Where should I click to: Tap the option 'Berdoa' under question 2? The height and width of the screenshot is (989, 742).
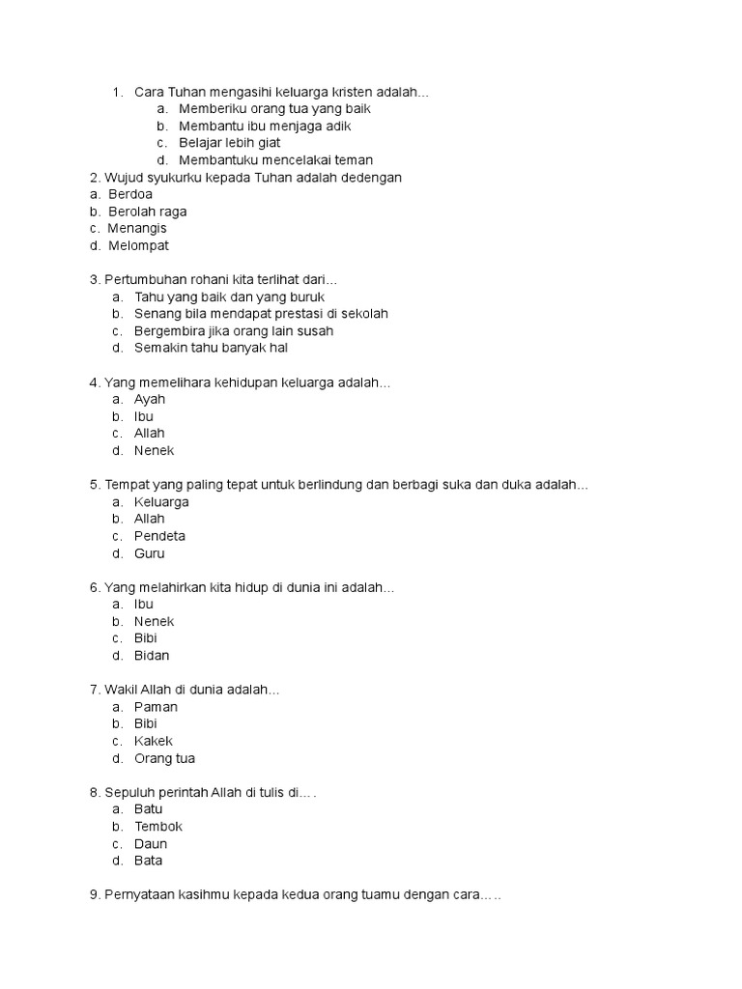pyautogui.click(x=129, y=194)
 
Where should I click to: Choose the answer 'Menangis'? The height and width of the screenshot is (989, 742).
pyautogui.click(x=137, y=228)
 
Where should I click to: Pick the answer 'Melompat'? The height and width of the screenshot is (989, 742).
pyautogui.click(x=138, y=245)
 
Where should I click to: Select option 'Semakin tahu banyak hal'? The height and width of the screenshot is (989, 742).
pyautogui.click(x=211, y=348)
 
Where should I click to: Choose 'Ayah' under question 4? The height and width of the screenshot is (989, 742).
pyautogui.click(x=150, y=399)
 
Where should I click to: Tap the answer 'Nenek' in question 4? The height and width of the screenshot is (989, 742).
pyautogui.click(x=155, y=450)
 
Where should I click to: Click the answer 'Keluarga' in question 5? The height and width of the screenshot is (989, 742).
pyautogui.click(x=161, y=502)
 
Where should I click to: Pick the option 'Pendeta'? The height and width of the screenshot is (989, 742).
pyautogui.click(x=159, y=536)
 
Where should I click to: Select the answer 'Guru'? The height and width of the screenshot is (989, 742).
pyautogui.click(x=150, y=553)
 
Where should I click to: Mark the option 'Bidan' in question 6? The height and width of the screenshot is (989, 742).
pyautogui.click(x=152, y=656)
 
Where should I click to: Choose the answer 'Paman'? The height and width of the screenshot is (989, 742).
pyautogui.click(x=156, y=707)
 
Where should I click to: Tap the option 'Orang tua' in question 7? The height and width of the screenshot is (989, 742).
pyautogui.click(x=164, y=758)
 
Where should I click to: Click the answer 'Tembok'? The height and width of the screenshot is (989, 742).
pyautogui.click(x=158, y=827)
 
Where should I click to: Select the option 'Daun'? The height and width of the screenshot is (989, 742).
pyautogui.click(x=151, y=844)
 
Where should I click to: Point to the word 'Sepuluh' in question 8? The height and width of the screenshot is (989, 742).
pyautogui.click(x=129, y=792)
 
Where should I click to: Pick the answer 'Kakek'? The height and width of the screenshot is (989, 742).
pyautogui.click(x=154, y=741)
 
